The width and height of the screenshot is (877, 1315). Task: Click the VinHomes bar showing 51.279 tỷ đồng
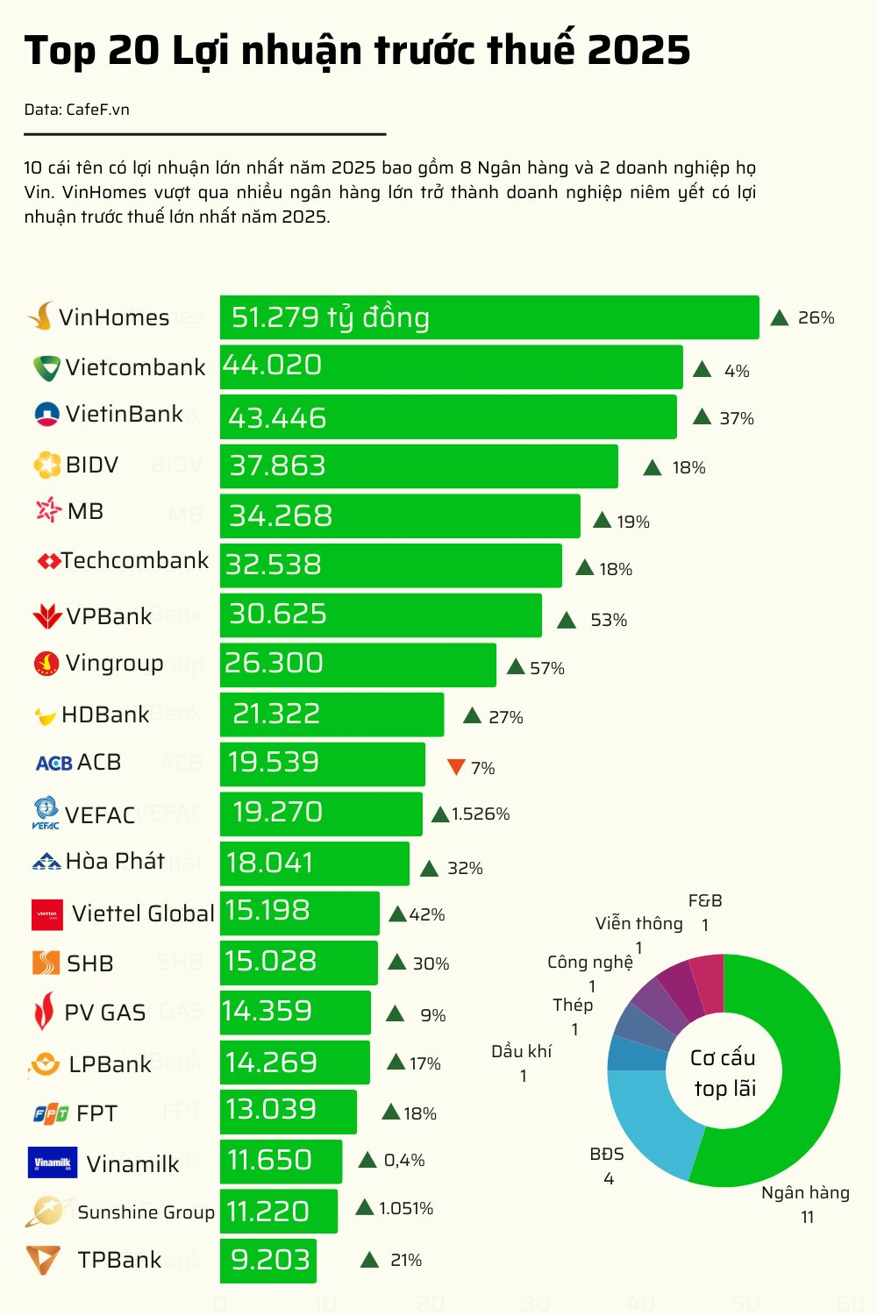click(488, 317)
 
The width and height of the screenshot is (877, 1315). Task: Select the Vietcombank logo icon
click(46, 368)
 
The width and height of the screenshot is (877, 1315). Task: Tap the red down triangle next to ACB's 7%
click(455, 767)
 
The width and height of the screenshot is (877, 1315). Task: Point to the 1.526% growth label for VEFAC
click(481, 814)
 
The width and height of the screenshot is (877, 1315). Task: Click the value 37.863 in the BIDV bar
click(277, 466)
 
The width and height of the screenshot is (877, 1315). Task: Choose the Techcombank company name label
click(135, 561)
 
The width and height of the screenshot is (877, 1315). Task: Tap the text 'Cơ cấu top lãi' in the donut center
click(724, 1073)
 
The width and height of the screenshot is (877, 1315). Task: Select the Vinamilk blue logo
click(53, 1163)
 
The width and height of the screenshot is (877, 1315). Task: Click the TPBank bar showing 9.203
click(268, 1261)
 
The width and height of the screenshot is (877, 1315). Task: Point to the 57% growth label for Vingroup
click(547, 669)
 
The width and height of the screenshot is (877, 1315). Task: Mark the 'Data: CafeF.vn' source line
click(77, 110)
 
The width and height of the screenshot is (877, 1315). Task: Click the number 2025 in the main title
click(638, 51)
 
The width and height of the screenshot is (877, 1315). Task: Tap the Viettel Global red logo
click(47, 914)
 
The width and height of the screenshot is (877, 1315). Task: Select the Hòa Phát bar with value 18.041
click(314, 864)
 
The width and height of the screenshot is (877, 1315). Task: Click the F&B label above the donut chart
click(705, 901)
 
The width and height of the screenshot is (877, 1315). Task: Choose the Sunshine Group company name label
click(146, 1212)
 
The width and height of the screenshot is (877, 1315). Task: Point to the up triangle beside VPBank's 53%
click(567, 621)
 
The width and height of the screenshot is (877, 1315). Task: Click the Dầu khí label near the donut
click(522, 1051)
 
